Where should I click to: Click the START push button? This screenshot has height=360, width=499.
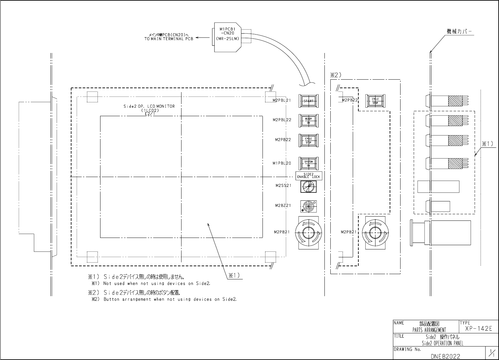[x=308, y=101]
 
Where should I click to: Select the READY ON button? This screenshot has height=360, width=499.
[x=308, y=121]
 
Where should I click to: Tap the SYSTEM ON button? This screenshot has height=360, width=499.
[x=308, y=164]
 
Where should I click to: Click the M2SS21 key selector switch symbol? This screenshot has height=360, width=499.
[x=308, y=187]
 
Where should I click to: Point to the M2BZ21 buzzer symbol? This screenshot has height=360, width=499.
[x=308, y=207]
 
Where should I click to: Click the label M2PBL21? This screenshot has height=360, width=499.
[x=282, y=101]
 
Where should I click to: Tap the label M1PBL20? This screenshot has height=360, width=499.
[x=282, y=163]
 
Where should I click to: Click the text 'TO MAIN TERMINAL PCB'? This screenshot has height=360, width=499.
[x=169, y=39]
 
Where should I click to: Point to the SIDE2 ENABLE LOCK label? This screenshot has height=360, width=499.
[x=308, y=175]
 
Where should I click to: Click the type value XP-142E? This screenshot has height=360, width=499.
[x=478, y=329]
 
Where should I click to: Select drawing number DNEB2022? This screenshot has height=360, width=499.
[x=445, y=356]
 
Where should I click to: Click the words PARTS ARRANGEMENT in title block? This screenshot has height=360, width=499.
[x=429, y=330]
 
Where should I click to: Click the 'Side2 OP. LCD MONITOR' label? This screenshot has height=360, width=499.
[x=149, y=106]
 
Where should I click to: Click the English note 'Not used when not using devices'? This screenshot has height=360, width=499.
[x=156, y=283]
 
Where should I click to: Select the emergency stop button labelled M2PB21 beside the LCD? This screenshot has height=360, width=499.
[x=308, y=233]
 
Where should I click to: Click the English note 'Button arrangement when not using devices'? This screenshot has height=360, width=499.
[x=170, y=299]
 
